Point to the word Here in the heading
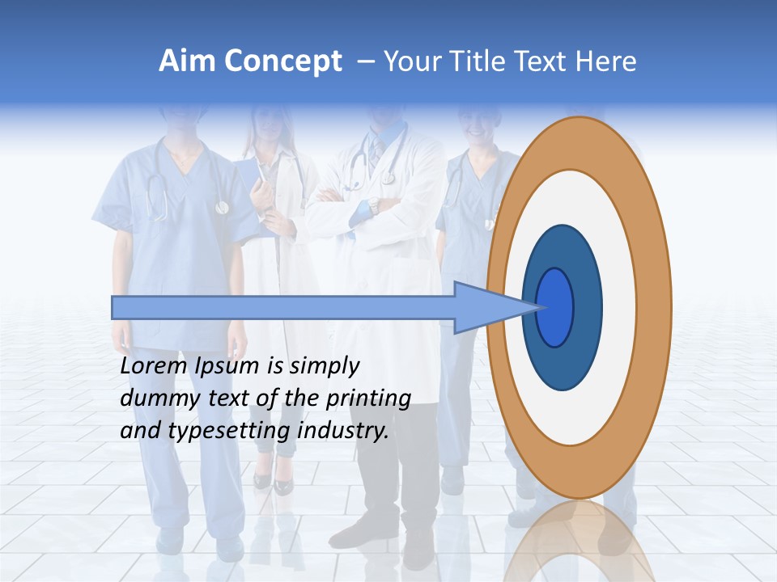pos(605,61)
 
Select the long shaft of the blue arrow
pos(283,307)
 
